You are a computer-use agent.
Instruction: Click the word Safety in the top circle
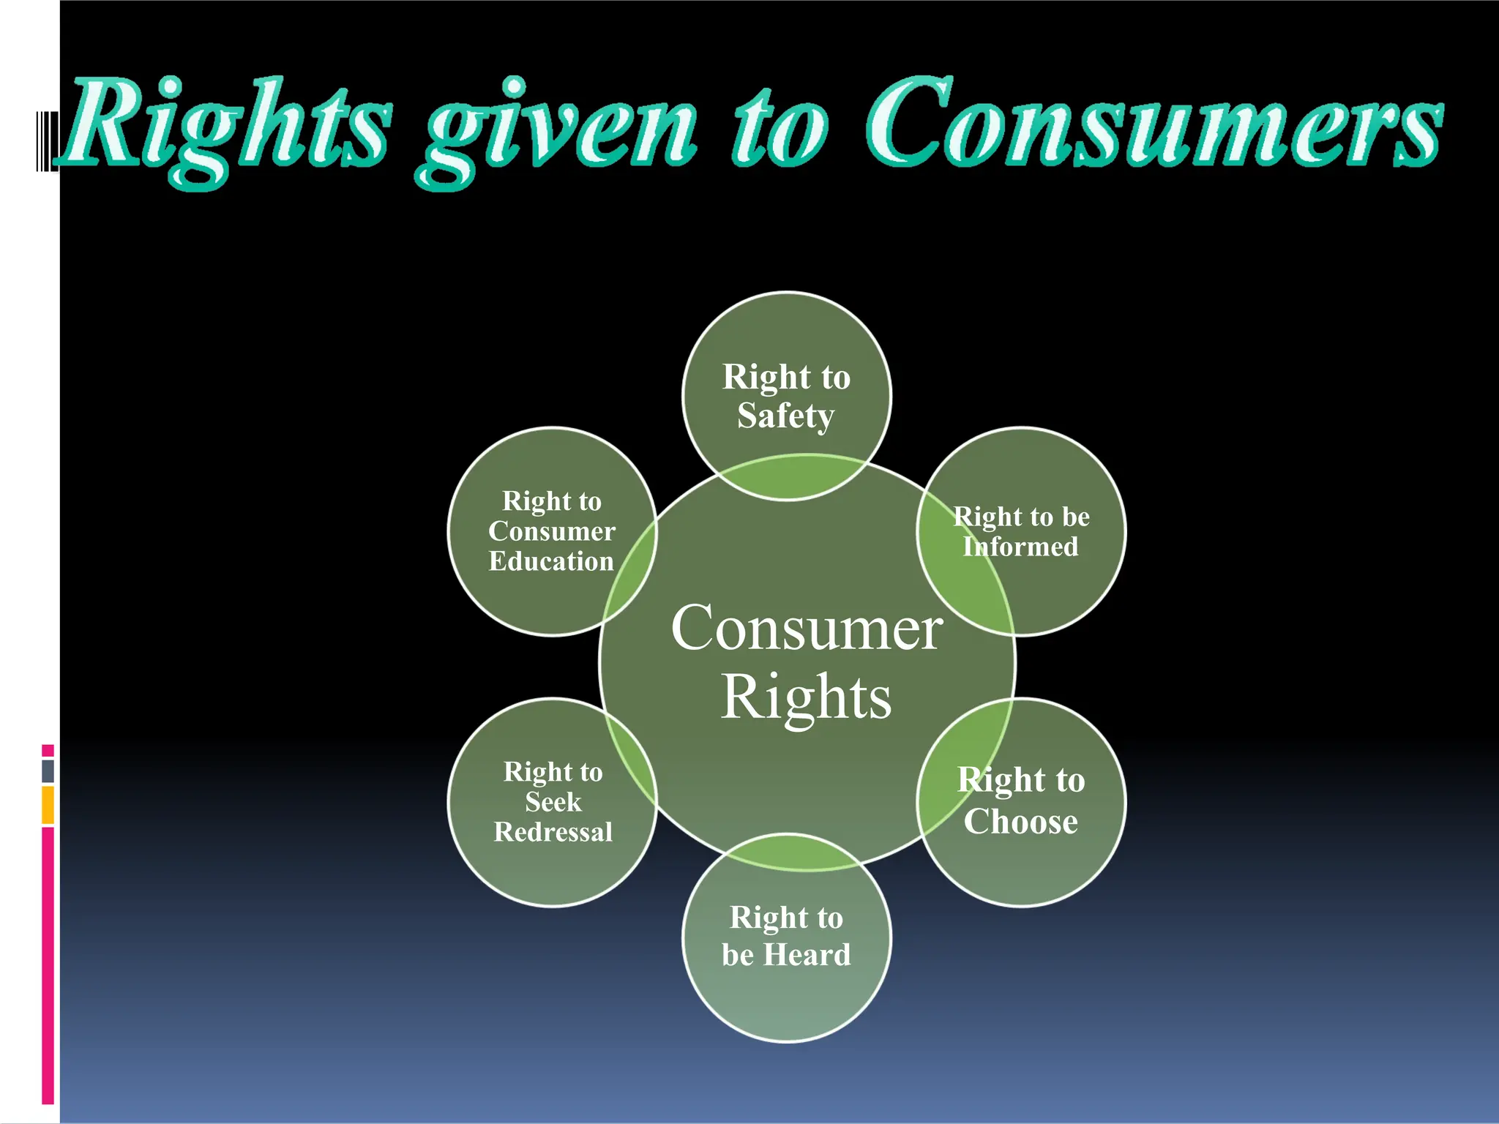click(x=785, y=416)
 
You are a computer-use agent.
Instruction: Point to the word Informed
click(x=1020, y=547)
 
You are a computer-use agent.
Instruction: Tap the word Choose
click(x=1020, y=821)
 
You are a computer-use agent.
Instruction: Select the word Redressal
click(x=553, y=832)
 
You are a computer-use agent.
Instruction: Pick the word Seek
click(x=553, y=802)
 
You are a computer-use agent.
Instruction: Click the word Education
click(x=551, y=561)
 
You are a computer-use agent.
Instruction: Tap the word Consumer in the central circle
click(x=807, y=628)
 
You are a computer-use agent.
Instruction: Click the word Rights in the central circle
click(x=807, y=697)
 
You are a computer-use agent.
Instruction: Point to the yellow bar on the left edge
click(x=48, y=805)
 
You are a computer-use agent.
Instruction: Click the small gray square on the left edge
click(x=48, y=771)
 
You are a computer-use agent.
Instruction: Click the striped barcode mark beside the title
click(x=46, y=141)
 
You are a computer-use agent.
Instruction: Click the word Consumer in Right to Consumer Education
click(x=552, y=531)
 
